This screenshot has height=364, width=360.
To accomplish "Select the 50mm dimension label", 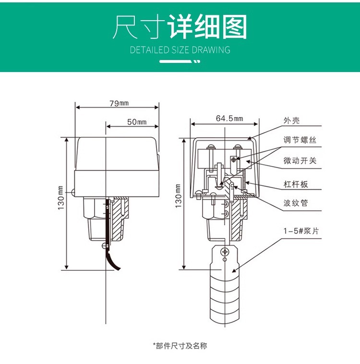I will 136,121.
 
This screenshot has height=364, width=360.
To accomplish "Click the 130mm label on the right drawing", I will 178,196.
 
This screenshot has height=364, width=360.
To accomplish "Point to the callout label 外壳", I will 291,121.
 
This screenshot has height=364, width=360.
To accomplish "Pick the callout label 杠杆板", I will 296,184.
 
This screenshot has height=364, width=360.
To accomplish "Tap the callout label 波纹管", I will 296,203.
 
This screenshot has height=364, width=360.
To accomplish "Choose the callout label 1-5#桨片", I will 300,231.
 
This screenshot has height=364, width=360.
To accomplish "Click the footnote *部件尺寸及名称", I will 180,345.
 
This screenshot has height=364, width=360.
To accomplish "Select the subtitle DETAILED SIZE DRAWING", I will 180,50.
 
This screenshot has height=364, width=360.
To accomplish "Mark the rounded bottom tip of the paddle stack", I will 225,318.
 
